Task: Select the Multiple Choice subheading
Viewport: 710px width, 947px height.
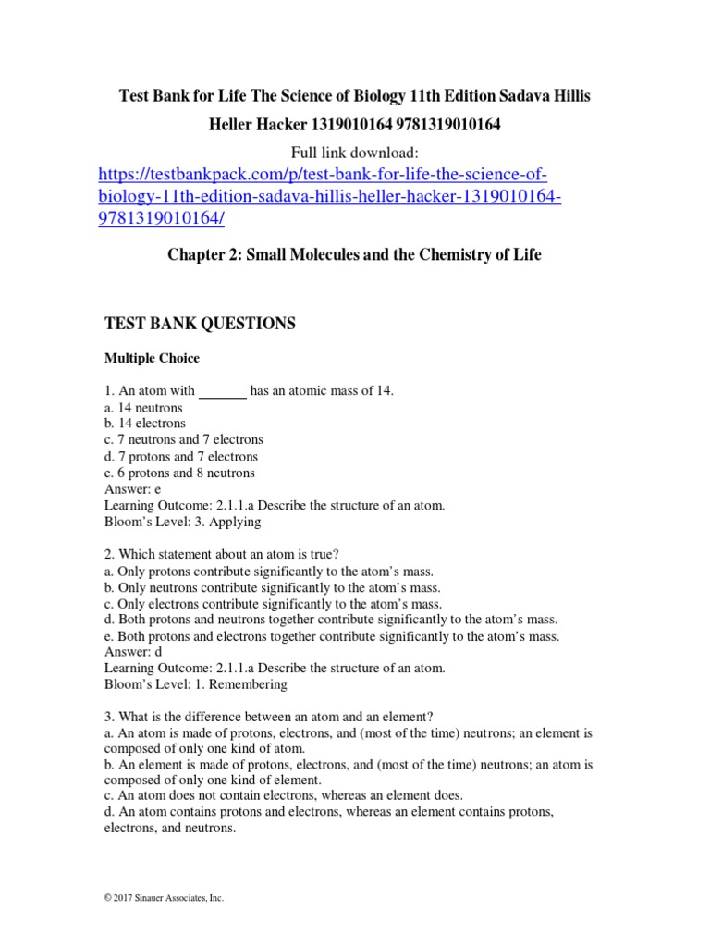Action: click(152, 358)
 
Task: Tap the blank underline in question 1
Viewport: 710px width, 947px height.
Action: click(223, 392)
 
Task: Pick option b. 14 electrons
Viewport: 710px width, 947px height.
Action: click(145, 424)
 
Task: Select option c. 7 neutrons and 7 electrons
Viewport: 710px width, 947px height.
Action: click(184, 440)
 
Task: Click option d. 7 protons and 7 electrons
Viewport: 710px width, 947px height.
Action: click(181, 457)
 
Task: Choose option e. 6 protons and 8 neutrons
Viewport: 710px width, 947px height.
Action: click(179, 473)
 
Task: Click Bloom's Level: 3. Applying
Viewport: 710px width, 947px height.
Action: click(183, 522)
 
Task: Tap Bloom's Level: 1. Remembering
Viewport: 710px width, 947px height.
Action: click(196, 684)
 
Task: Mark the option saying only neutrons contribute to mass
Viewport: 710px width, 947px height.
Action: click(273, 587)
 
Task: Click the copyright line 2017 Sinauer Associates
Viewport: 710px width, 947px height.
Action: click(165, 898)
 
